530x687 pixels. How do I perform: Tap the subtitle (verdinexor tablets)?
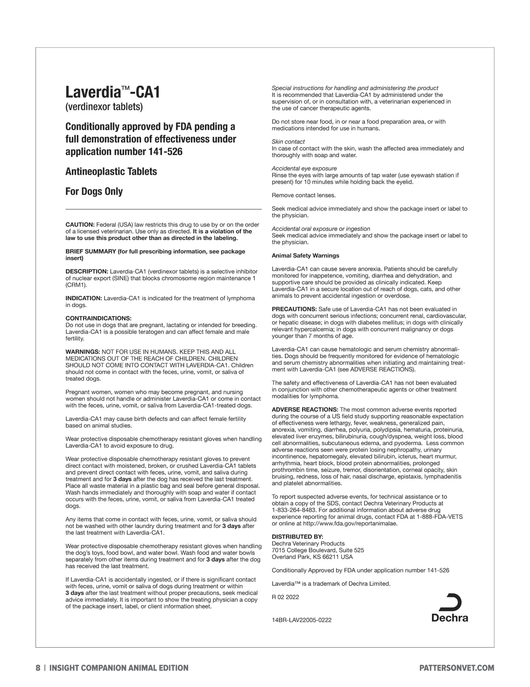[x=104, y=107]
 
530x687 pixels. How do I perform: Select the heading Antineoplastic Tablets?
[x=111, y=171]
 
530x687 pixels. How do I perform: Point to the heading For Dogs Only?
[x=94, y=192]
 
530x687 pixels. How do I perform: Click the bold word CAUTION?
[x=80, y=225]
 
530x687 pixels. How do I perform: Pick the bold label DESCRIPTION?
[x=87, y=271]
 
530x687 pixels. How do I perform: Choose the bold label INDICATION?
[x=84, y=298]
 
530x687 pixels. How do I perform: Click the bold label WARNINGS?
[x=83, y=352]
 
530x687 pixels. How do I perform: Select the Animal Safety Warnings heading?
[x=305, y=256]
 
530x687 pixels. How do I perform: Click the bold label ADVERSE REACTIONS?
[x=305, y=410]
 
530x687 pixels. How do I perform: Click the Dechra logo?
[x=450, y=608]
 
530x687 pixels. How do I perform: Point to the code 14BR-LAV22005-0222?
[x=302, y=620]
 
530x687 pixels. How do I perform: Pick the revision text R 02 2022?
[x=285, y=597]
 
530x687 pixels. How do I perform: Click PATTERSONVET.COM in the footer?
[x=457, y=668]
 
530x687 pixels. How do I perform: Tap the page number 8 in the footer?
[x=38, y=668]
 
